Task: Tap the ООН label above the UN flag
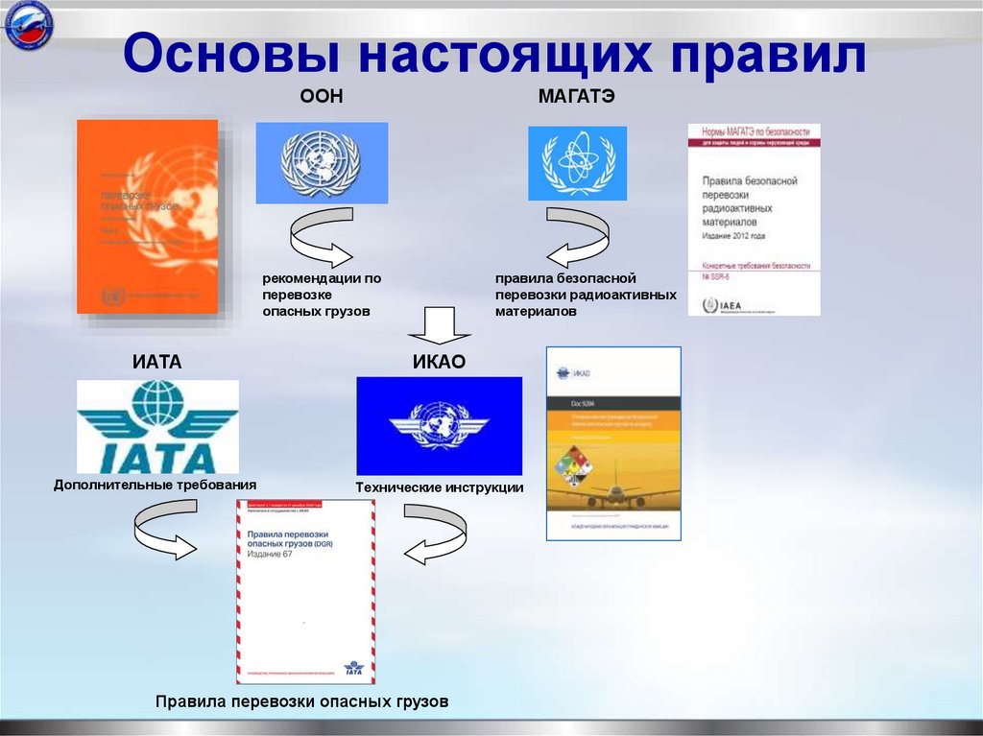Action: click(323, 98)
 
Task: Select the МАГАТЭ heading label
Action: click(577, 98)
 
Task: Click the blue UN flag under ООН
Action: click(322, 162)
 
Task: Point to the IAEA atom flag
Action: click(577, 163)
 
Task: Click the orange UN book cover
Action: click(148, 216)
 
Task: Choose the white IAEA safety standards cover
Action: click(754, 219)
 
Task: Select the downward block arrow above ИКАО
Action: click(440, 325)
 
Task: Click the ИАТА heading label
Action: click(156, 362)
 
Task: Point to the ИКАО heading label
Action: click(439, 362)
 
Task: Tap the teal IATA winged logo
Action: click(157, 425)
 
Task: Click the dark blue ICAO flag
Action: click(439, 425)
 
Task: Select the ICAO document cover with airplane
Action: click(613, 443)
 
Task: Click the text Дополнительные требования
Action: click(156, 486)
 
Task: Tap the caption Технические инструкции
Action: click(439, 487)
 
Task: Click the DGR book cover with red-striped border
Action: click(305, 591)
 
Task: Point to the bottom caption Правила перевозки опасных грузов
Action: click(301, 702)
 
